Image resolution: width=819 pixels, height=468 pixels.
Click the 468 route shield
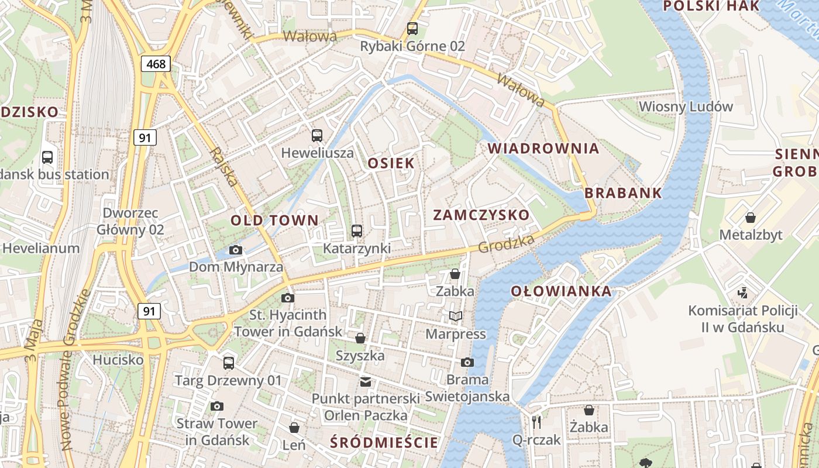point(156,64)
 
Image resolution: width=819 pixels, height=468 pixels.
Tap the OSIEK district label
point(391,163)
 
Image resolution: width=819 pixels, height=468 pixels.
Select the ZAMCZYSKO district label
point(481,215)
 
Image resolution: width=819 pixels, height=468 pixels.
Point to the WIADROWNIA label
point(543,149)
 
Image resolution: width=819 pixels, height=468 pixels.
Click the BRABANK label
point(623,193)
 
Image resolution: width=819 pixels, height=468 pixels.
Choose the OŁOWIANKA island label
point(560,291)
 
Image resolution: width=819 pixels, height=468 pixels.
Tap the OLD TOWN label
point(274,221)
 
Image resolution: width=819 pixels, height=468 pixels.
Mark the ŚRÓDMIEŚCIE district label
point(384,442)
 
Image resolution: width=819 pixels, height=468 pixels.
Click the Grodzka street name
point(506,244)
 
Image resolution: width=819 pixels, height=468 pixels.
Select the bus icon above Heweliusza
point(317,136)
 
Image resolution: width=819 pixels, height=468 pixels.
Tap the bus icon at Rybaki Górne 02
point(412,28)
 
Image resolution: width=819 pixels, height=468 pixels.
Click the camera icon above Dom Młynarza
point(236,250)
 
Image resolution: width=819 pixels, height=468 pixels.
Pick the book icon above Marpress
point(455,316)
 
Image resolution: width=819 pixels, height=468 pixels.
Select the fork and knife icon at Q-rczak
point(536,422)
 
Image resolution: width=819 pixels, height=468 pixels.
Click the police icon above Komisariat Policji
point(743,292)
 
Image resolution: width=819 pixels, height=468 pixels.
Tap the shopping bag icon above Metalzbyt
point(750,218)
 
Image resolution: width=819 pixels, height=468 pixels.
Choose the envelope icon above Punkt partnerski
point(366,382)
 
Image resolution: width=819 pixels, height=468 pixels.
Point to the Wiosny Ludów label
point(686,106)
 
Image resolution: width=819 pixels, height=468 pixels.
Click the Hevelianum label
point(41,248)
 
